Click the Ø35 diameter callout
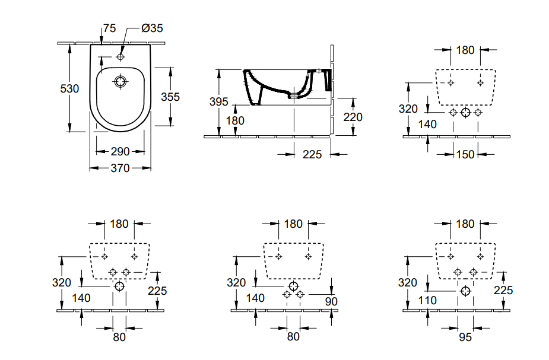[x=153, y=28]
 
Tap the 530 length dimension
[x=69, y=89]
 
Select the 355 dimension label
[x=170, y=97]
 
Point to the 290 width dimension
[x=120, y=151]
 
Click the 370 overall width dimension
[x=120, y=168]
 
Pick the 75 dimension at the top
[x=109, y=28]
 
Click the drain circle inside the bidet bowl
[x=120, y=81]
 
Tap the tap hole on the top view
[x=120, y=57]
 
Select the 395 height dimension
[x=219, y=102]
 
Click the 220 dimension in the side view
[x=353, y=117]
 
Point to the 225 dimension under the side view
[x=312, y=155]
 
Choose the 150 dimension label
[x=465, y=155]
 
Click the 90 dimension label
[x=331, y=301]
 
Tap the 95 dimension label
[x=465, y=337]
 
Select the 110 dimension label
[x=427, y=301]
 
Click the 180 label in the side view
[x=235, y=121]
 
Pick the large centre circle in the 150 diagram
[x=465, y=112]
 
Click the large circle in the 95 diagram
[x=465, y=291]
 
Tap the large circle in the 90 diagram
[x=293, y=286]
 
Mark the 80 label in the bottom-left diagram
[x=119, y=337]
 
